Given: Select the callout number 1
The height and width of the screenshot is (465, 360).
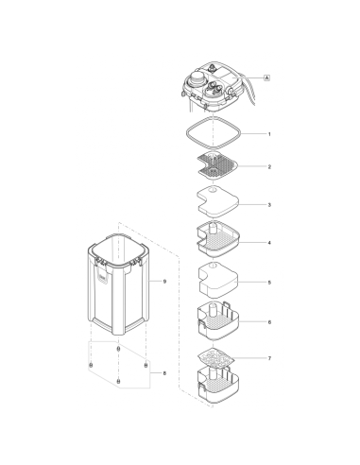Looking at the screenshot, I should coord(268,134).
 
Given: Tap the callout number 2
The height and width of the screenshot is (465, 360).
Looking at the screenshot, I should coord(268,166).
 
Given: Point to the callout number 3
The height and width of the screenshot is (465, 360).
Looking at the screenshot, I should coord(268,204).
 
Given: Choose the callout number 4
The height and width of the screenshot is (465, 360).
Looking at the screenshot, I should coord(268,243).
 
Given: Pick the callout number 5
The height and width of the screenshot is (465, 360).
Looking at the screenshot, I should coord(268,282).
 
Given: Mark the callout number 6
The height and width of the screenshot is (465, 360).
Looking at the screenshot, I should coord(268,321).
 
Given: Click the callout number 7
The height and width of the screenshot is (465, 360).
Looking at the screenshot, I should coord(268,360).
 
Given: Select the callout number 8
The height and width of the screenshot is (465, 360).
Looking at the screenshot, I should coord(163,374).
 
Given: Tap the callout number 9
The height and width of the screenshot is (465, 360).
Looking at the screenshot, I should coord(163,282).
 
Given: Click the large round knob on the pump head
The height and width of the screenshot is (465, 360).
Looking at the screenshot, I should coord(200,79).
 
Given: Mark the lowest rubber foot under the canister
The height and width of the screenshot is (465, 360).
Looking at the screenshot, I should coord(118,380).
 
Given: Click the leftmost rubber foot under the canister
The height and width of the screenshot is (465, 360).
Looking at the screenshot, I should coord(91,364).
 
